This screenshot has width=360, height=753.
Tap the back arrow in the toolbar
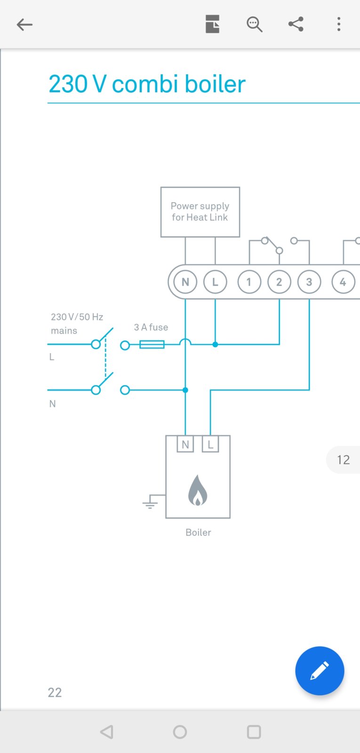24,24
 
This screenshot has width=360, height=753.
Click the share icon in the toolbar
296,24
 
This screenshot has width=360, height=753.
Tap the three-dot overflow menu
338,24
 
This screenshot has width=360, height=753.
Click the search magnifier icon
254,24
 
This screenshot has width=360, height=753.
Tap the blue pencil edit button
320,671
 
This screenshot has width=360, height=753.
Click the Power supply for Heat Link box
200,212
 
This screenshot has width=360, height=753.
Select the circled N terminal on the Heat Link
185,282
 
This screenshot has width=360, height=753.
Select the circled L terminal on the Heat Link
215,282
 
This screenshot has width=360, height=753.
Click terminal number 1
249,282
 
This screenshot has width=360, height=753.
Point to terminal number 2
279,282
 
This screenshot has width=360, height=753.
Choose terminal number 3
309,282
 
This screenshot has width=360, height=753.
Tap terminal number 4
343,282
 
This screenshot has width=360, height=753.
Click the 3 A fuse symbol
152,344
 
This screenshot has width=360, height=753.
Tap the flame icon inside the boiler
198,490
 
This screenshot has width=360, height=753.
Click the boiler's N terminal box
185,444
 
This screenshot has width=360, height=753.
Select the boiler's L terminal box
210,444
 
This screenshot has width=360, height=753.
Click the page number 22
55,692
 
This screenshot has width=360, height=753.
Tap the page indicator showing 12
343,460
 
